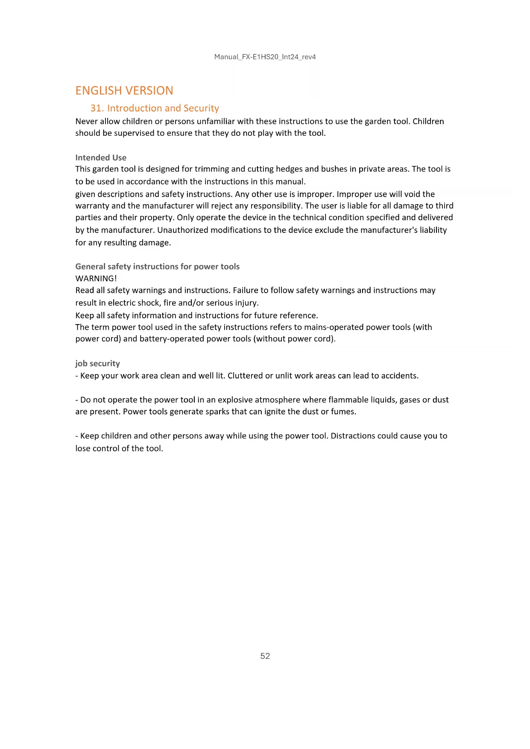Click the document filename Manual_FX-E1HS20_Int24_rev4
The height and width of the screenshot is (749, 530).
(x=265, y=57)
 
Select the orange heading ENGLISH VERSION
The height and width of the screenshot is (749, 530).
(x=124, y=91)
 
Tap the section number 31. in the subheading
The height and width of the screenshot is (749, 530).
(x=97, y=108)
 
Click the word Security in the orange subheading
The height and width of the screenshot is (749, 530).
(x=201, y=108)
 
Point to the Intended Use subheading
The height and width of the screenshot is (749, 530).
(x=101, y=158)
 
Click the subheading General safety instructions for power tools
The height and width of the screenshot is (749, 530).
(x=157, y=266)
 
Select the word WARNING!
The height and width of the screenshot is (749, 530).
(x=96, y=278)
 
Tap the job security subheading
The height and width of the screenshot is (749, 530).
(x=97, y=363)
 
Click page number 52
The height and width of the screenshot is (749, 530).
(x=265, y=656)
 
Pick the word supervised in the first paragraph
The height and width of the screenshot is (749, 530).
(x=134, y=133)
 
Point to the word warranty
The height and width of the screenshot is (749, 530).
(x=91, y=206)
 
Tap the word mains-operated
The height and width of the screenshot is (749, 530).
(x=329, y=327)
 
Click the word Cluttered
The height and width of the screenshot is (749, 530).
(x=245, y=376)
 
